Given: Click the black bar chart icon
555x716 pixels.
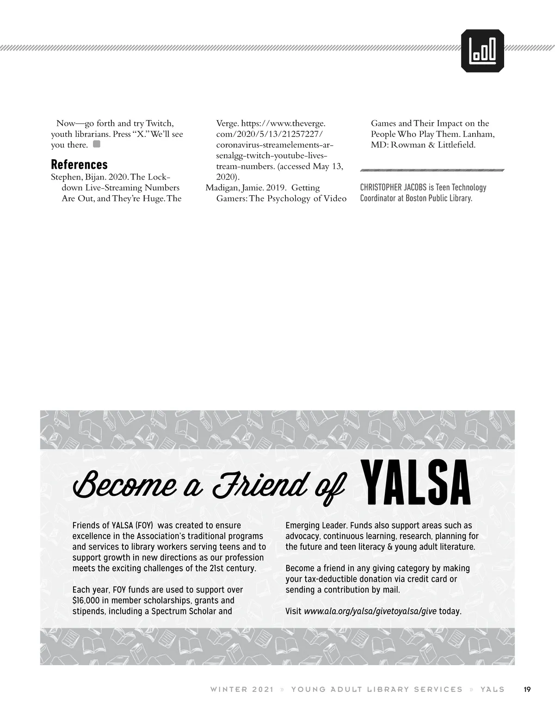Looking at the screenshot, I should (483, 51).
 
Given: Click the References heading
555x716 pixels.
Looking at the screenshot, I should (79, 164).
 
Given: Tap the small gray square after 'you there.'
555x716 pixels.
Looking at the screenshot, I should (97, 144).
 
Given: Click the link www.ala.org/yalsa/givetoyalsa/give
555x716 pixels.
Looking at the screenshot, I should (370, 611).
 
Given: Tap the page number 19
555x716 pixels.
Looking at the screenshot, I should (527, 689).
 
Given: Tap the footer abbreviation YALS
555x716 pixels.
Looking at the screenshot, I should (493, 689).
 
